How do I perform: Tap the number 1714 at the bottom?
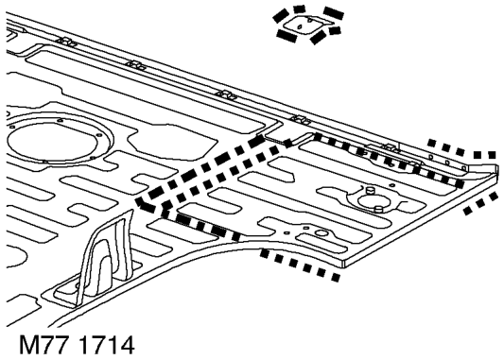coord(106,345)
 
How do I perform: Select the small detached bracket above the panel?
coord(306,25)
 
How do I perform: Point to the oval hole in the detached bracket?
coord(300,26)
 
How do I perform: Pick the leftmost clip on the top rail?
coord(66,42)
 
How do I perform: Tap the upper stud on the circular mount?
coord(370,190)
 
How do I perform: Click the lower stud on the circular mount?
coord(379,209)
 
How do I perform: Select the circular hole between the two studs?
coord(374,200)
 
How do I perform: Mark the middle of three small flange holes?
coord(447,163)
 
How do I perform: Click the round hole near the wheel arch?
coord(321,232)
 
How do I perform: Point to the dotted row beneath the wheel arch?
coord(300,266)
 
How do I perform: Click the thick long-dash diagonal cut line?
coord(200,170)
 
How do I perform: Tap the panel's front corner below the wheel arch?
coord(343,264)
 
